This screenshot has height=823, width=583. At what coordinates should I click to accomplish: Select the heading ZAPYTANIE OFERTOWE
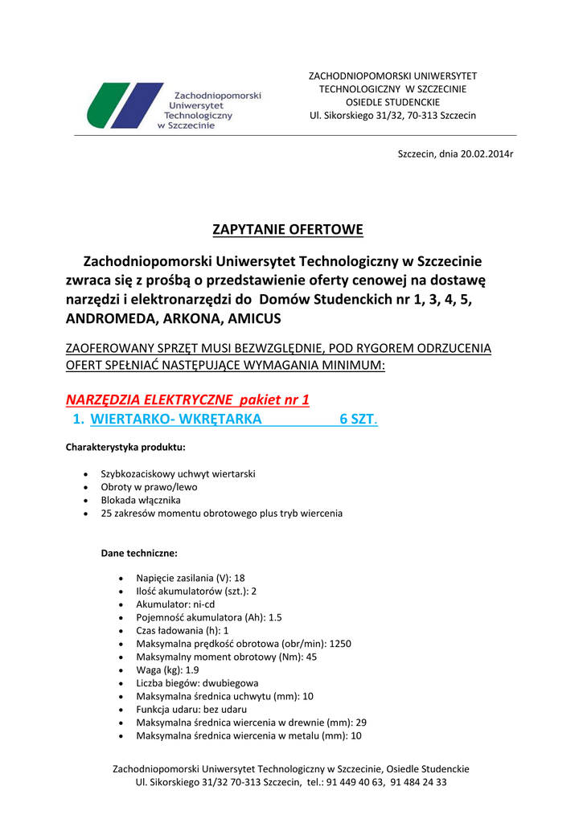coord(287,230)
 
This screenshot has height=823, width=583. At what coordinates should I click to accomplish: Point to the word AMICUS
coord(255,318)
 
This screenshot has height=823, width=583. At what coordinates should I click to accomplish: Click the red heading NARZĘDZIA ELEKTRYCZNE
coord(149,399)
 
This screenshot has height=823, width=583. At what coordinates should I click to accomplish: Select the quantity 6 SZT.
coord(358,419)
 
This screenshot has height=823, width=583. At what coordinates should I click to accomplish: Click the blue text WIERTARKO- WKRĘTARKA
coord(175,419)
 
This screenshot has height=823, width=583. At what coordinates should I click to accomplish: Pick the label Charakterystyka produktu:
coord(125,447)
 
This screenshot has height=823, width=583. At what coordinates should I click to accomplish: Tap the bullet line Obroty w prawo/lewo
coord(149,487)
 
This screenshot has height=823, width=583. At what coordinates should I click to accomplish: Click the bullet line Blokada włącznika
coord(141,500)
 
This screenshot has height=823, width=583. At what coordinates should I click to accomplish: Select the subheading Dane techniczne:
coord(138,553)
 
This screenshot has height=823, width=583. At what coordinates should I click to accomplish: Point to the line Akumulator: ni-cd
coord(175,604)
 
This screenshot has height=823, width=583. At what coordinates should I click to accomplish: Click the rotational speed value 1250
coord(340,644)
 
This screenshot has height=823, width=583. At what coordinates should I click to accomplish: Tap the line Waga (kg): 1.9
coord(167,670)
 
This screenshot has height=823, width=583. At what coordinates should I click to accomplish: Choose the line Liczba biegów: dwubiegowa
coord(197,683)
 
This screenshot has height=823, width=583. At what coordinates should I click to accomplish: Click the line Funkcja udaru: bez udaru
coord(191,710)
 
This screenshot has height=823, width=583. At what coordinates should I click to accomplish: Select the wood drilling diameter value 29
coord(361,723)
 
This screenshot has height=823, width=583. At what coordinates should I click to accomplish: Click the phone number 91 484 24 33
coord(419,782)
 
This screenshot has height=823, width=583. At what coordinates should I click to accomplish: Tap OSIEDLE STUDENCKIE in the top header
coord(392,102)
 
